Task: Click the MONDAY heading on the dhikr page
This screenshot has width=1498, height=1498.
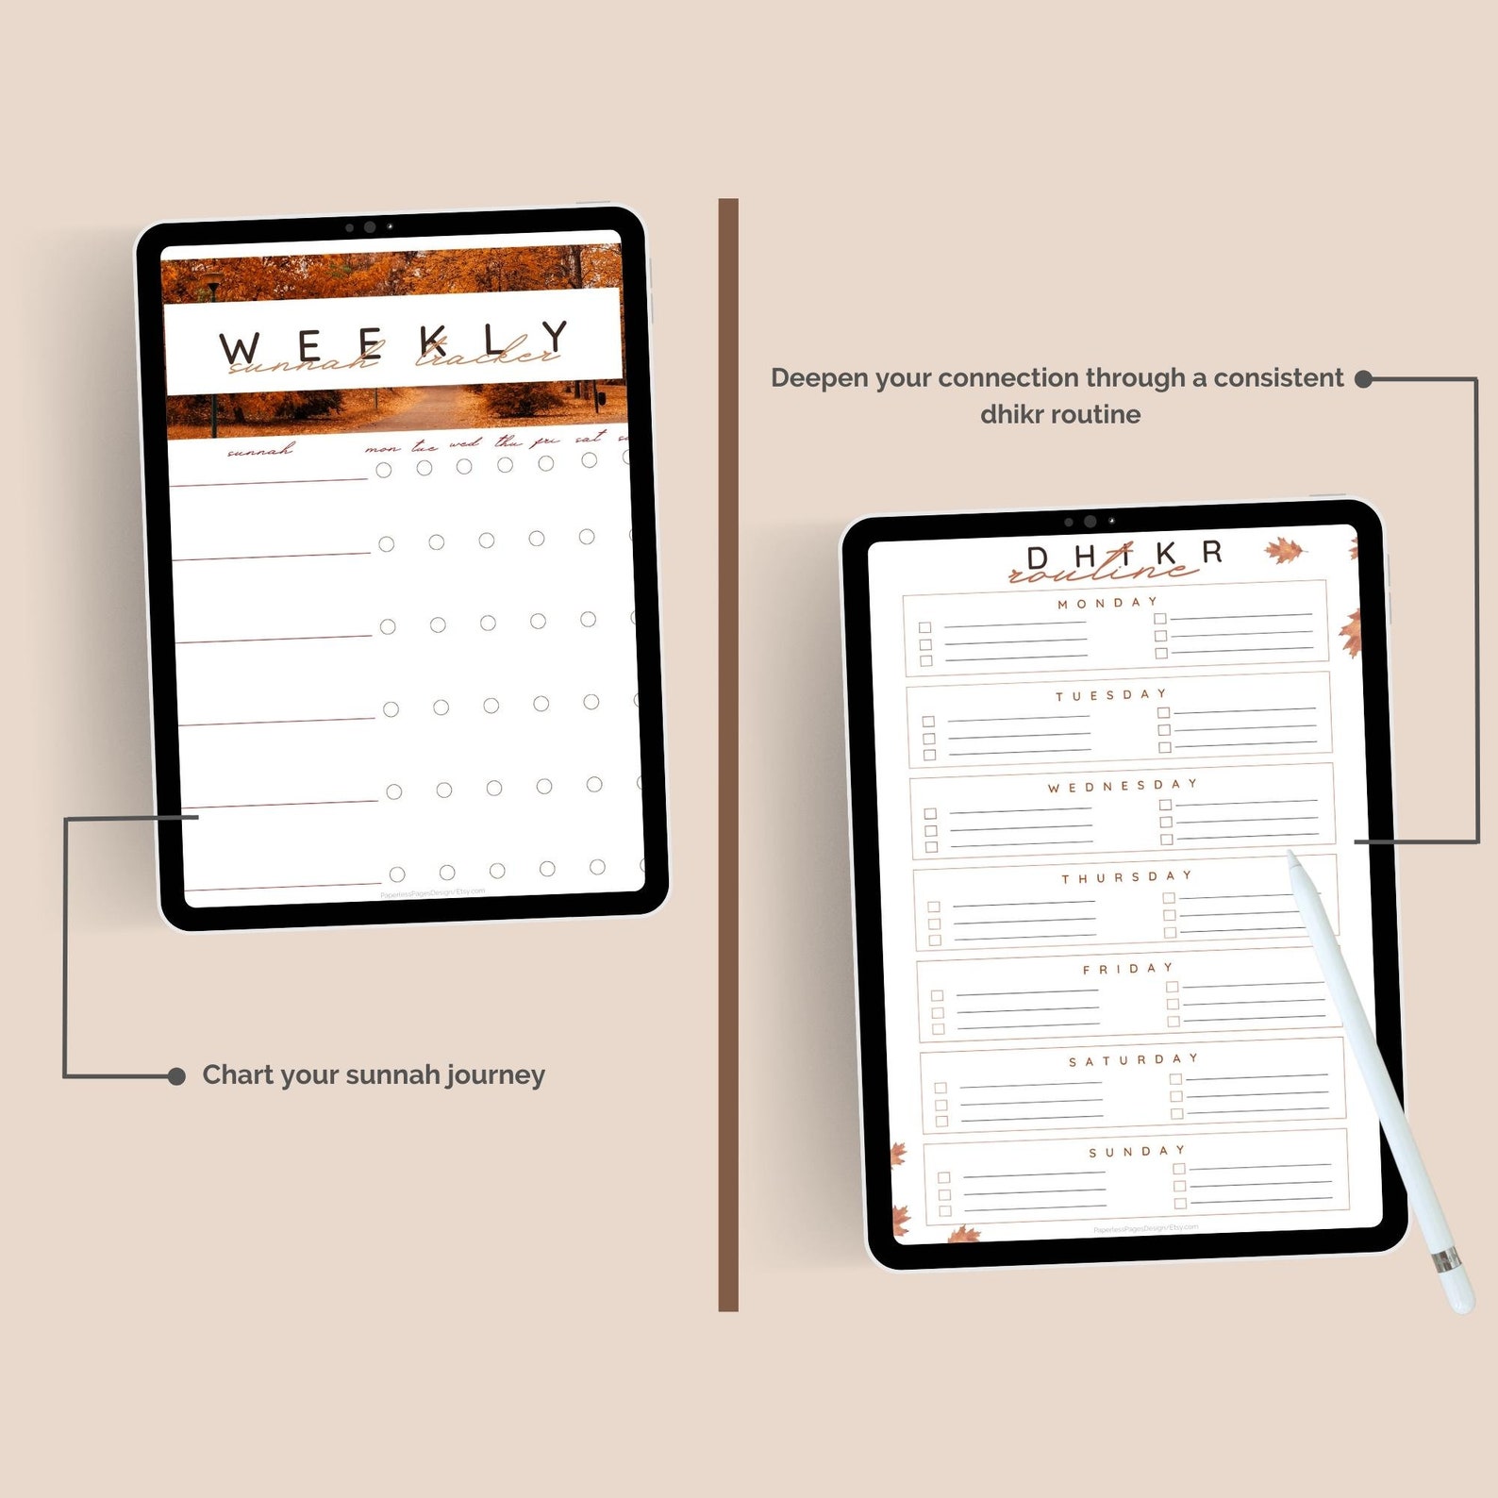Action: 1107,603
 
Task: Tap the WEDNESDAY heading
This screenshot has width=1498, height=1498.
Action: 1122,786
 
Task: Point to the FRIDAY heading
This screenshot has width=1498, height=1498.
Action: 1128,969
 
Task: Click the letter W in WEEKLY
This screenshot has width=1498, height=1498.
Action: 240,349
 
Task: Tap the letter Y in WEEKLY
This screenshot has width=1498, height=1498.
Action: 554,336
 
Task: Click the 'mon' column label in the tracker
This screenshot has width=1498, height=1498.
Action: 382,448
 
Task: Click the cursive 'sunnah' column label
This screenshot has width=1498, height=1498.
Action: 259,451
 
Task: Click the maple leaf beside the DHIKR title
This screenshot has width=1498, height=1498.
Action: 1285,551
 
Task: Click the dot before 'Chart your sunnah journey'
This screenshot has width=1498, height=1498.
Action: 176,1076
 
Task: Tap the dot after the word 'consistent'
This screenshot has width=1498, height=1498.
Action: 1363,379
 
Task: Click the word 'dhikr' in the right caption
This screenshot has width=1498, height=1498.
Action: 1011,415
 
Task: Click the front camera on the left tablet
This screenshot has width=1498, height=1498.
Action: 370,227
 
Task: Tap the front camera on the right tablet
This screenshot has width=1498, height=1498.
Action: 1090,522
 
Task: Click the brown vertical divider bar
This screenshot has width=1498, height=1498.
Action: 727,755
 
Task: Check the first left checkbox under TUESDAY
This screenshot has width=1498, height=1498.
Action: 928,722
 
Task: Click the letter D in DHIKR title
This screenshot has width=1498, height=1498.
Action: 1038,558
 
